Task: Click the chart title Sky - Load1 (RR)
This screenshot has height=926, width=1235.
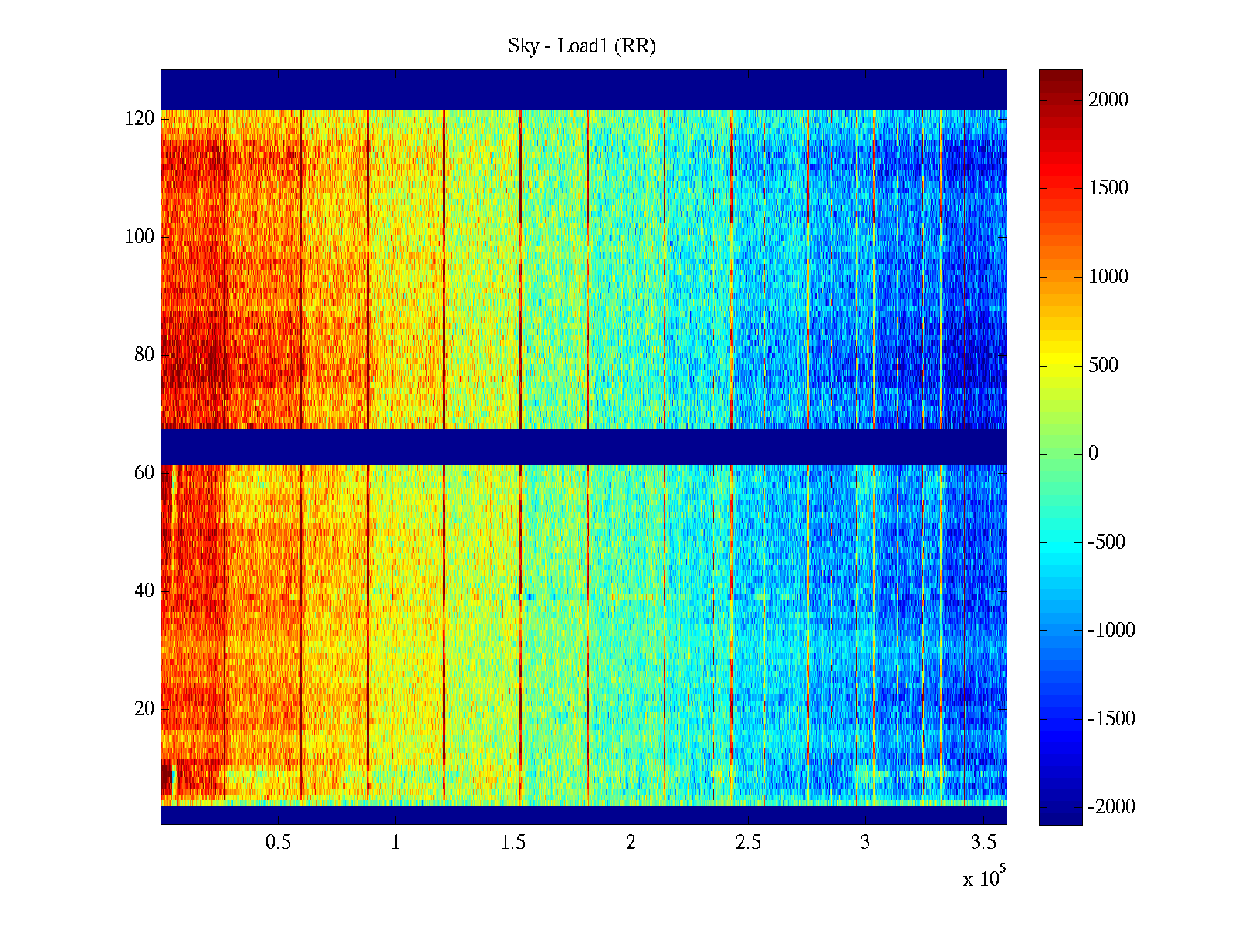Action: pyautogui.click(x=582, y=46)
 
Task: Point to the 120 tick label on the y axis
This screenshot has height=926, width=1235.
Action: pyautogui.click(x=140, y=119)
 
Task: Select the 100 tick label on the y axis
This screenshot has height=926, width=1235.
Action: pyautogui.click(x=140, y=237)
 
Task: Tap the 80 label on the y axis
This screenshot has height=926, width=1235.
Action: pyautogui.click(x=144, y=355)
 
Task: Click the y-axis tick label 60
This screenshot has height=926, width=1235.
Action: pyautogui.click(x=144, y=473)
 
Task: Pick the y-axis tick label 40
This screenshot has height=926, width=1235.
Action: pyautogui.click(x=144, y=591)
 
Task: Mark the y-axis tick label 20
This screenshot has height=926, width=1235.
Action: pyautogui.click(x=144, y=709)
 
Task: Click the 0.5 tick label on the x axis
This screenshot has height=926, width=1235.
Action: pyautogui.click(x=278, y=843)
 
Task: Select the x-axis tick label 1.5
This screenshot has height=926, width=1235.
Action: pyautogui.click(x=513, y=843)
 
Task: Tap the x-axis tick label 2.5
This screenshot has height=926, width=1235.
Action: pyautogui.click(x=748, y=843)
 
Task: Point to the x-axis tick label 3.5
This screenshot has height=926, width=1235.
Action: pyautogui.click(x=983, y=843)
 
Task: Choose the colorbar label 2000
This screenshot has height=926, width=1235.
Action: pyautogui.click(x=1108, y=100)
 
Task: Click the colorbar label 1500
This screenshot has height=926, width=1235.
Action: pyautogui.click(x=1108, y=188)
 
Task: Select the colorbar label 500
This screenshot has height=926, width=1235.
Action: pyautogui.click(x=1104, y=366)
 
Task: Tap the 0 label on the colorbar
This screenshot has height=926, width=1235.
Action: pyautogui.click(x=1093, y=454)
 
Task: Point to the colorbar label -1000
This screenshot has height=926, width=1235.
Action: pyautogui.click(x=1111, y=630)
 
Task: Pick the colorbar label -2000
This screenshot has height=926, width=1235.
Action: pyautogui.click(x=1111, y=807)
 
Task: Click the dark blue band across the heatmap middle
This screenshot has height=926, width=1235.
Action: pyautogui.click(x=584, y=447)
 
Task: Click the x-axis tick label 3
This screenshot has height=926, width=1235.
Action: pyautogui.click(x=865, y=843)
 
